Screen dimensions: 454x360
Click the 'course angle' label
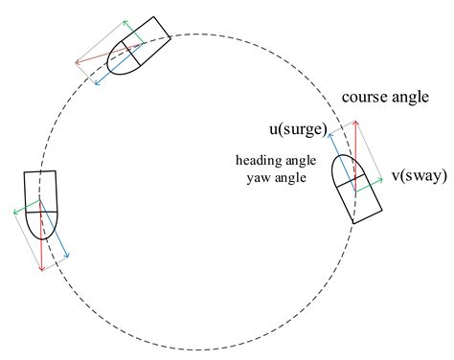pyautogui.click(x=385, y=97)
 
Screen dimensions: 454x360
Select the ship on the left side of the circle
pyautogui.click(x=42, y=204)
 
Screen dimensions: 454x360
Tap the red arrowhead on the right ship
pyautogui.click(x=355, y=124)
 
